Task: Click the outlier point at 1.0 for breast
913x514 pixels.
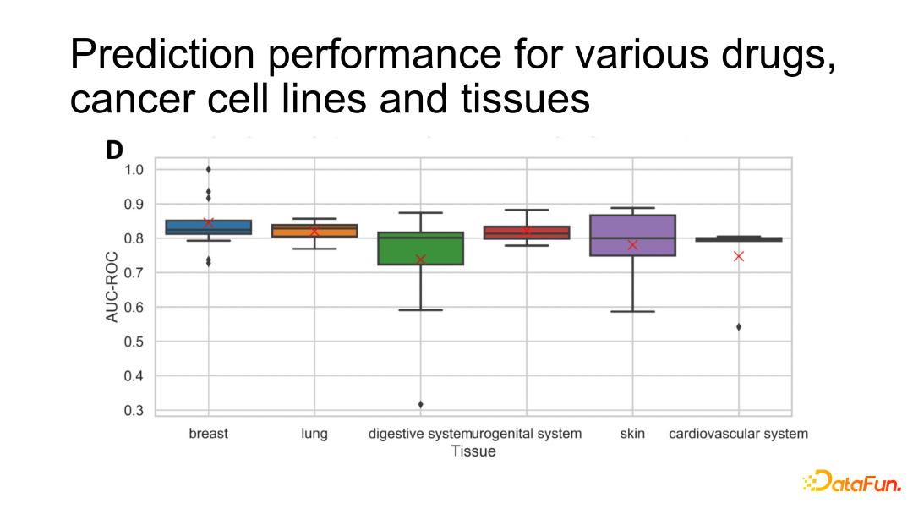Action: pos(208,169)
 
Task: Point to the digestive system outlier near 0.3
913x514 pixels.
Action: pos(420,404)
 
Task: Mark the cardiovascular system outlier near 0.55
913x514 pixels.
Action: pos(739,326)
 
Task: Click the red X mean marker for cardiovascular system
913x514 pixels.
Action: pos(739,256)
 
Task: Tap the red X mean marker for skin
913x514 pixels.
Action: pos(632,245)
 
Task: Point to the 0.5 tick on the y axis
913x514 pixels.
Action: pos(134,342)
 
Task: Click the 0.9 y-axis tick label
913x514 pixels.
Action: pos(134,204)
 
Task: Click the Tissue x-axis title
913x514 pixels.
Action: pos(473,451)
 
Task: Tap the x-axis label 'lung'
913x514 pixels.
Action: pos(314,434)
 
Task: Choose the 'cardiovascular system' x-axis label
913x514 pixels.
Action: pos(738,434)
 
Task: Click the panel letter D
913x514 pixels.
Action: pos(113,150)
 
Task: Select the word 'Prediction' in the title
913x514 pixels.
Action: pos(161,55)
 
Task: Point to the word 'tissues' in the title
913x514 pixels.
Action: pos(525,99)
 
